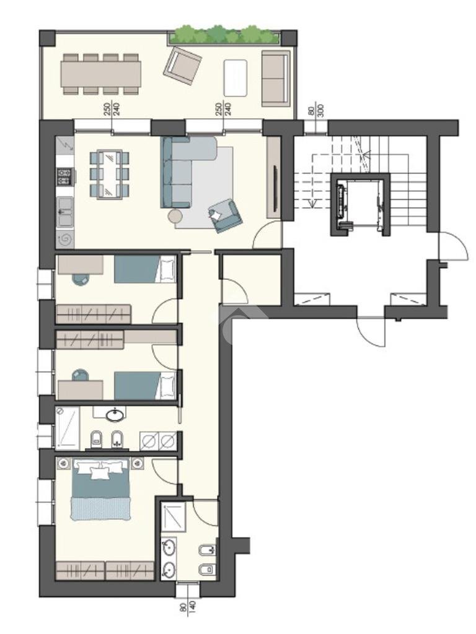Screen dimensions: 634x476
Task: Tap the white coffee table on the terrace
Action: click(x=235, y=74)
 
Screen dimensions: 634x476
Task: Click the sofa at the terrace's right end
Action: click(x=276, y=78)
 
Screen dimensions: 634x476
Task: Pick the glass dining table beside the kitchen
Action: click(x=110, y=173)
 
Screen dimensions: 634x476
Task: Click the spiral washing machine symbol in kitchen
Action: click(x=65, y=238)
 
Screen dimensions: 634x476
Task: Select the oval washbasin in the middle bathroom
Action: click(x=115, y=415)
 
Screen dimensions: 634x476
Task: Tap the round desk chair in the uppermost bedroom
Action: click(x=80, y=279)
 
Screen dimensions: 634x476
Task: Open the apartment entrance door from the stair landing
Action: click(x=268, y=237)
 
